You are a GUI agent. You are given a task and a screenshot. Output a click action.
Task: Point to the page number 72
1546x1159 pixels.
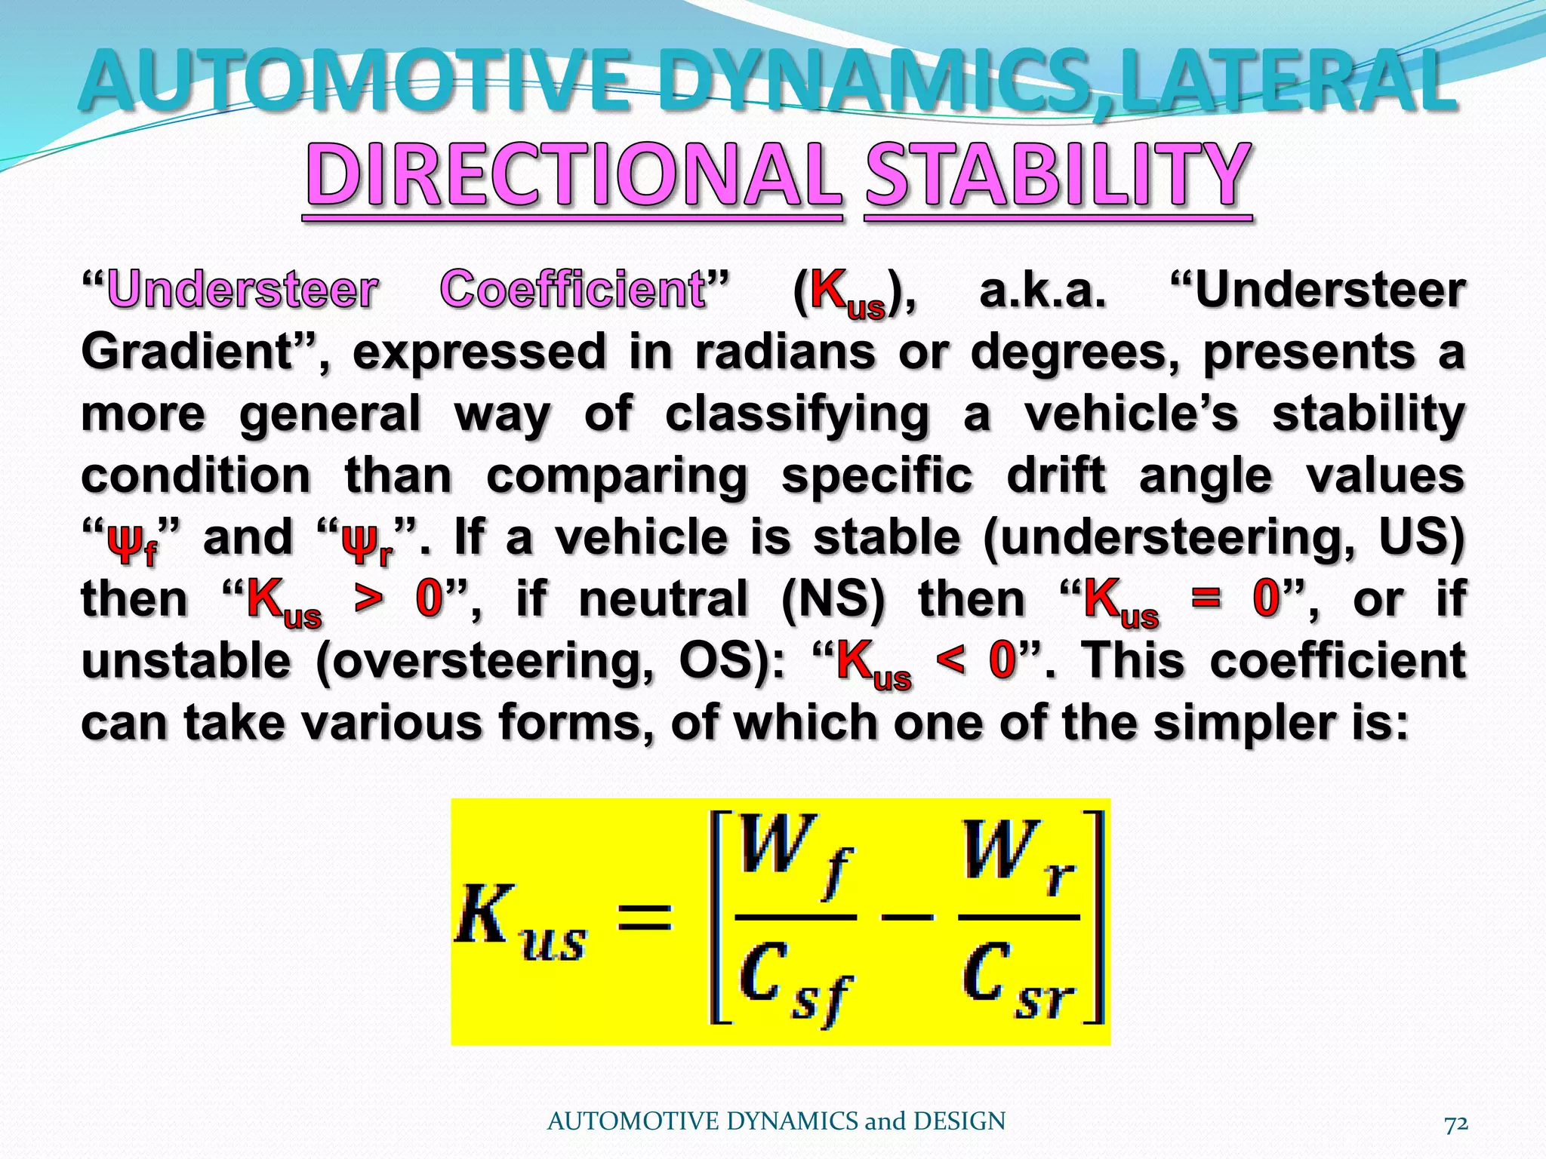[1455, 1124]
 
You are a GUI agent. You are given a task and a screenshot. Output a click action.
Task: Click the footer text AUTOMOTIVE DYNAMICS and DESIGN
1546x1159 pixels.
[776, 1121]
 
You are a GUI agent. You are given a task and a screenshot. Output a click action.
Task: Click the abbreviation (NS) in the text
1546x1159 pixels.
[833, 600]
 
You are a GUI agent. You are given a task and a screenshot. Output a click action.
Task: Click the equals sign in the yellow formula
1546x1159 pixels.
[644, 917]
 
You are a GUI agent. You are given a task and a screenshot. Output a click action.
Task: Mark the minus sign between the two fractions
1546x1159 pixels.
[908, 918]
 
